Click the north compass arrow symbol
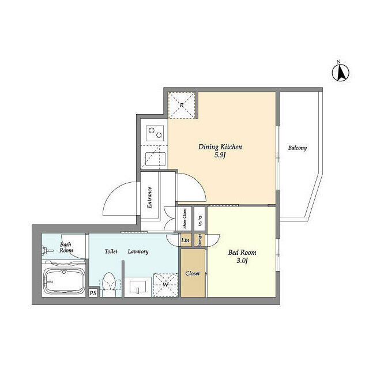[341, 72]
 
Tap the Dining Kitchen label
[220, 147]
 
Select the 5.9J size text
[220, 155]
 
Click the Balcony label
[298, 148]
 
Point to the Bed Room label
[242, 253]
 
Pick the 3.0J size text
[242, 261]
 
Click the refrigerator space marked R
[182, 105]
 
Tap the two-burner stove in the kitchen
[155, 133]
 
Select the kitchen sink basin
[155, 159]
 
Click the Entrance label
[149, 197]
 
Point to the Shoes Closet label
[184, 219]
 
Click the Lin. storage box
[186, 240]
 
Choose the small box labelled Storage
[199, 240]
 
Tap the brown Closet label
[193, 273]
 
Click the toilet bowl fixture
[109, 284]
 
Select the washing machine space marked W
[165, 285]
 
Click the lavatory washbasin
[138, 287]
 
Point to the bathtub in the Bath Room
[64, 281]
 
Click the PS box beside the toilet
[93, 293]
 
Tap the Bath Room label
[66, 247]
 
